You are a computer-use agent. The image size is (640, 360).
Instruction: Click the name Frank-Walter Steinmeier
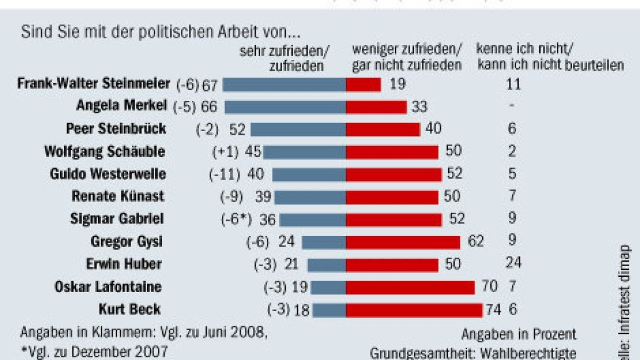(x=93, y=84)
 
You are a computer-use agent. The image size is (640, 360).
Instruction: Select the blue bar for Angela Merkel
(x=285, y=107)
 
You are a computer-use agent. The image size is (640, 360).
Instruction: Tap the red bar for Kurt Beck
(x=414, y=310)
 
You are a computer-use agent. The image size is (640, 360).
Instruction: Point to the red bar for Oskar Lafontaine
(x=410, y=287)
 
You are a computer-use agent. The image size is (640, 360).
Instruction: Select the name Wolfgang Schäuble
(x=105, y=151)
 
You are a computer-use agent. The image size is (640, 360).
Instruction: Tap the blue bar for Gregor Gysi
(x=324, y=243)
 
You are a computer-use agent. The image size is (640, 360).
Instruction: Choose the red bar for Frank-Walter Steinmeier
(x=363, y=84)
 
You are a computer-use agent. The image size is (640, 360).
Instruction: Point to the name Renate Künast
(x=118, y=196)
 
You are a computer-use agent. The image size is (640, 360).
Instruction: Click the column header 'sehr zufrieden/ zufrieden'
(x=284, y=58)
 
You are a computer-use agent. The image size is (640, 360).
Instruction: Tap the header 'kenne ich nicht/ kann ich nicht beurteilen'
(x=549, y=58)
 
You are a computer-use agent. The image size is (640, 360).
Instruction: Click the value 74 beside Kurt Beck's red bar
(x=494, y=310)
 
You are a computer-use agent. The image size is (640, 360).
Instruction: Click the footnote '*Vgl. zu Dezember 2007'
(x=94, y=351)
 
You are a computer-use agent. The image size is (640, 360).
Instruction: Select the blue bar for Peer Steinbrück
(x=298, y=129)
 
